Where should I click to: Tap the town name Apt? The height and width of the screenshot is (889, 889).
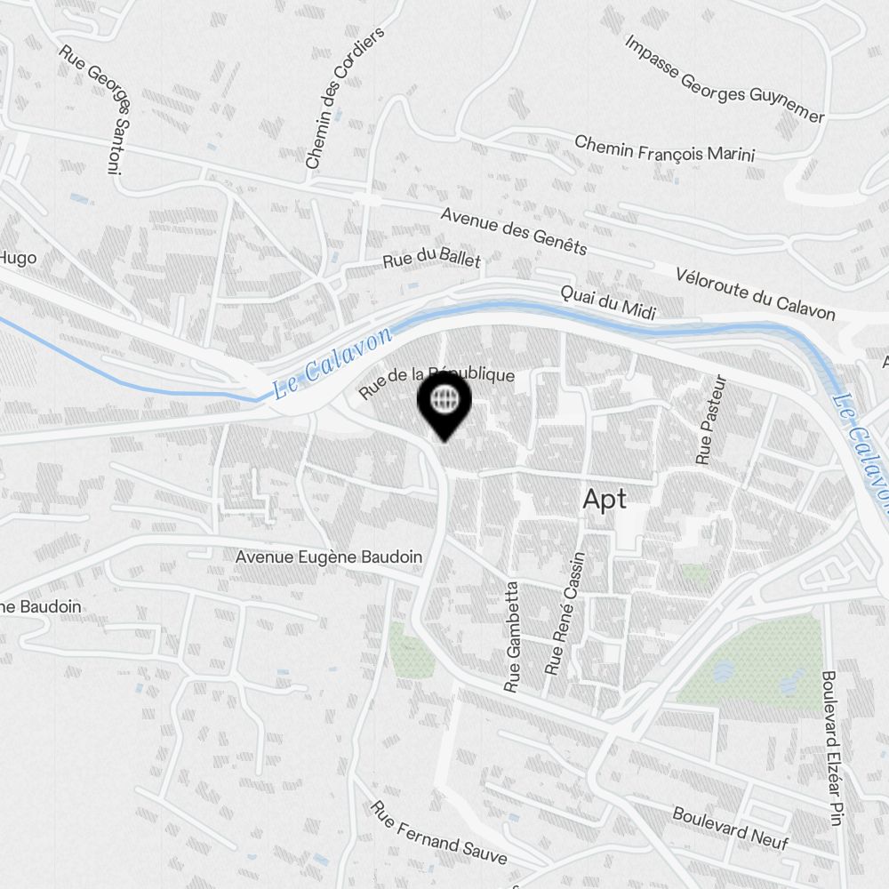click(x=605, y=500)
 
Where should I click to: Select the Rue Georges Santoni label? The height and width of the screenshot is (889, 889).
click(x=96, y=108)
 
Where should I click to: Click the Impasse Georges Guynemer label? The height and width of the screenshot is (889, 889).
click(x=724, y=79)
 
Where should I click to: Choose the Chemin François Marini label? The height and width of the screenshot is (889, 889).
click(x=664, y=148)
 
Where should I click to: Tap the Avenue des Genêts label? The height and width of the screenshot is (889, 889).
click(x=514, y=230)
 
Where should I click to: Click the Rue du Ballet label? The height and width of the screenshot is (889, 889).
click(x=431, y=260)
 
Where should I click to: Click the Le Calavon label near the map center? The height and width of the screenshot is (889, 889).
click(x=332, y=364)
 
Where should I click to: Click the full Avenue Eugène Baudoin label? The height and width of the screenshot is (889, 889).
click(x=328, y=557)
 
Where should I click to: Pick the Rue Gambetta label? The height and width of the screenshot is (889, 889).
click(x=512, y=637)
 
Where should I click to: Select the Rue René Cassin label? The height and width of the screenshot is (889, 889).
click(x=565, y=613)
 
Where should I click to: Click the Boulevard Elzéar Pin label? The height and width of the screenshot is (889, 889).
click(x=831, y=749)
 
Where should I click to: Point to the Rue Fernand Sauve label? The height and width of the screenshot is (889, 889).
click(x=439, y=834)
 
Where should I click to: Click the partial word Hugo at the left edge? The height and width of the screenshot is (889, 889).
click(x=18, y=258)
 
